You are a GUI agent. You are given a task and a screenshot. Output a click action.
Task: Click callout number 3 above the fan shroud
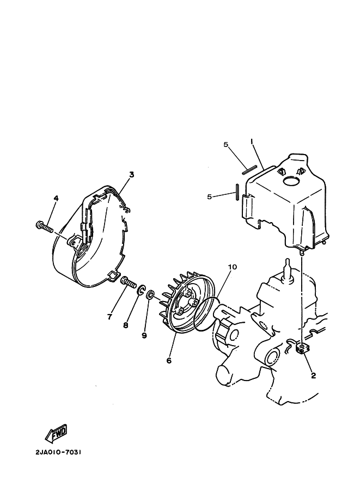click(131, 174)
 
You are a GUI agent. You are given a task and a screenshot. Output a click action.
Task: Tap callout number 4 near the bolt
click(56, 199)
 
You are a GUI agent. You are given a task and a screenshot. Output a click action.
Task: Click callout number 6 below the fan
click(169, 360)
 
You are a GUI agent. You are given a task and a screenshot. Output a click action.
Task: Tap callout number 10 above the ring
click(233, 267)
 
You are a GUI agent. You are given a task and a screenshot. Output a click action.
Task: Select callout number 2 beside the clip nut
click(313, 376)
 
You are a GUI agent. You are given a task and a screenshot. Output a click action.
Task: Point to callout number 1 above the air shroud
click(252, 142)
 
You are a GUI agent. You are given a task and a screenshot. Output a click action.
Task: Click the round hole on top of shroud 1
click(291, 182)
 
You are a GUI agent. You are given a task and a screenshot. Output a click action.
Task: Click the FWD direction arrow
click(57, 432)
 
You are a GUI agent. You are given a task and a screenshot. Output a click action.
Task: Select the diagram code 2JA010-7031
click(58, 452)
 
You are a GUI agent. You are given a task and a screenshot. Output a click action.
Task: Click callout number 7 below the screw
click(109, 316)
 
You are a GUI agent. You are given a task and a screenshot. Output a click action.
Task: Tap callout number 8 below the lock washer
click(126, 325)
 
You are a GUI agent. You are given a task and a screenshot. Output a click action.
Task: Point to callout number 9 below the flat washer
click(144, 335)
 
